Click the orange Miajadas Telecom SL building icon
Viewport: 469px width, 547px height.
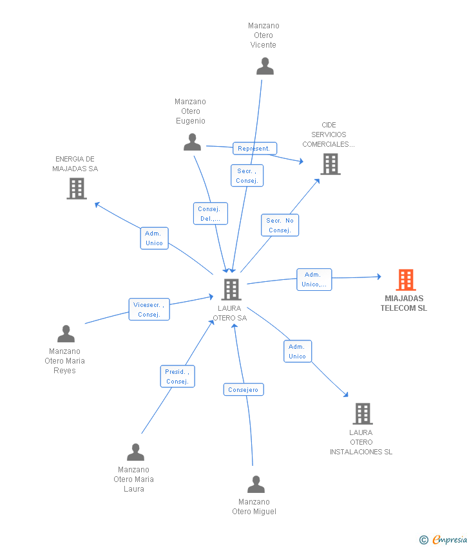point(405,280)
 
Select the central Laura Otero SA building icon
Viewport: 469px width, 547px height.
point(231,290)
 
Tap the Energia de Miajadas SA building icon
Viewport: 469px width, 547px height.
point(76,189)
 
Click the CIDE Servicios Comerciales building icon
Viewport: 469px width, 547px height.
point(330,164)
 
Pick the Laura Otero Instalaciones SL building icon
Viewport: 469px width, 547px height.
point(363,414)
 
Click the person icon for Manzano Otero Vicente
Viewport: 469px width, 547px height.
point(265,66)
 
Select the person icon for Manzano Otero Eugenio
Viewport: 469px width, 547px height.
point(192,142)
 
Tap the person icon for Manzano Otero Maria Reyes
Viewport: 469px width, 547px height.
point(66,334)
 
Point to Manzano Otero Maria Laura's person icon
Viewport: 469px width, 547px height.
point(135,452)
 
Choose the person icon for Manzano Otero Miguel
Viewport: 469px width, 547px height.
point(256,485)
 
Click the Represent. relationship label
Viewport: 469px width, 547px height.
point(254,149)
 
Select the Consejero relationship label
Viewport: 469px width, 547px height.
point(244,389)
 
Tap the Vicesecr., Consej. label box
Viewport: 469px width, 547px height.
point(149,310)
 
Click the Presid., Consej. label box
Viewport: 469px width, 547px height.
point(177,376)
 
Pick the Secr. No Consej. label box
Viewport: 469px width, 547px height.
point(280,225)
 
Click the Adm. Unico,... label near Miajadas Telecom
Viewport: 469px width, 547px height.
point(314,279)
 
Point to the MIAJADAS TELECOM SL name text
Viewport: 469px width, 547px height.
point(404,303)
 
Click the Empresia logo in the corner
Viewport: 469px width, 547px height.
point(443,540)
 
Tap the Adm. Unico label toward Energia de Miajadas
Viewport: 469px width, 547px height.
point(154,238)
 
